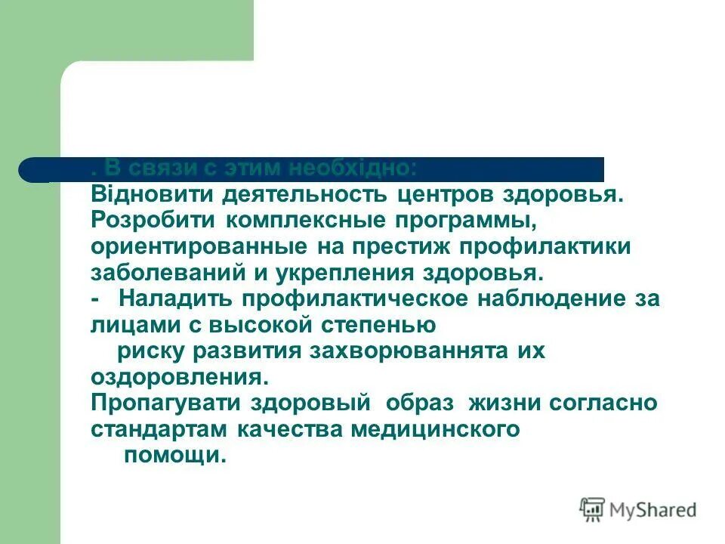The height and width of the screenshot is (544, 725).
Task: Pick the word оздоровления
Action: coord(179,376)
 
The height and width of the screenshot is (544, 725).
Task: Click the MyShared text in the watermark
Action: coord(653,510)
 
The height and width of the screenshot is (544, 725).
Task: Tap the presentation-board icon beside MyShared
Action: coord(593,510)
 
